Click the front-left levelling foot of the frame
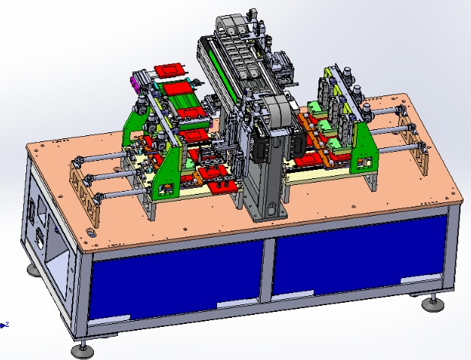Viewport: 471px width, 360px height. click(83, 349)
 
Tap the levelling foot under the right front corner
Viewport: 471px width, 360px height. click(431, 304)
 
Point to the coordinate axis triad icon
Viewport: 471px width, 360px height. click(5, 325)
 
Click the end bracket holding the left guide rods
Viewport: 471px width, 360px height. click(87, 188)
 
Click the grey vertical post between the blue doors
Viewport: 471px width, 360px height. click(267, 271)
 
